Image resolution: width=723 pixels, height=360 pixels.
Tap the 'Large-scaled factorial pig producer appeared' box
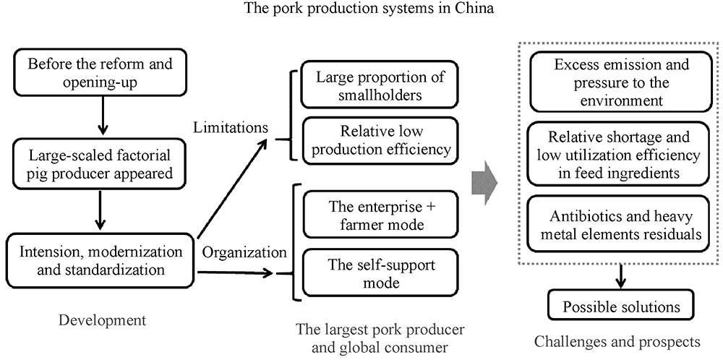click(100, 163)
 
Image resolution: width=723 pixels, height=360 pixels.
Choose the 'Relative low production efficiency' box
click(380, 140)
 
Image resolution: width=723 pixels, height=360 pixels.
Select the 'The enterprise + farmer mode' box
click(380, 215)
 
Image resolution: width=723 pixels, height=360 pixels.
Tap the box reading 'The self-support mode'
click(380, 273)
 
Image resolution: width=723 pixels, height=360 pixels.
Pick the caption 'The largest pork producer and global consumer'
click(380, 337)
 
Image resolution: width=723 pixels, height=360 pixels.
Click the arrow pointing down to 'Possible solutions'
click(620, 275)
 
